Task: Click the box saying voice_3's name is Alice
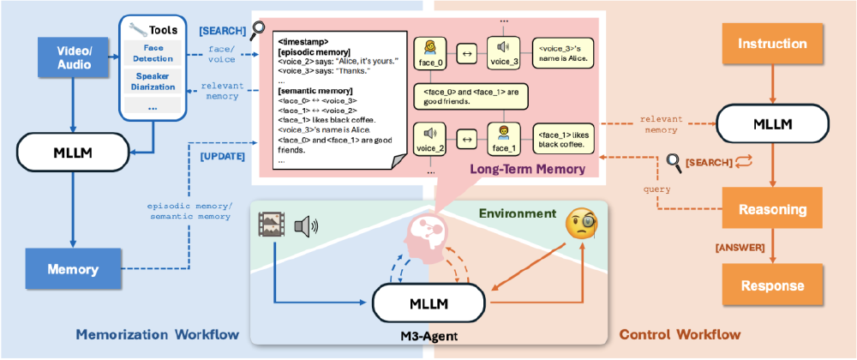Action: pos(563,53)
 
